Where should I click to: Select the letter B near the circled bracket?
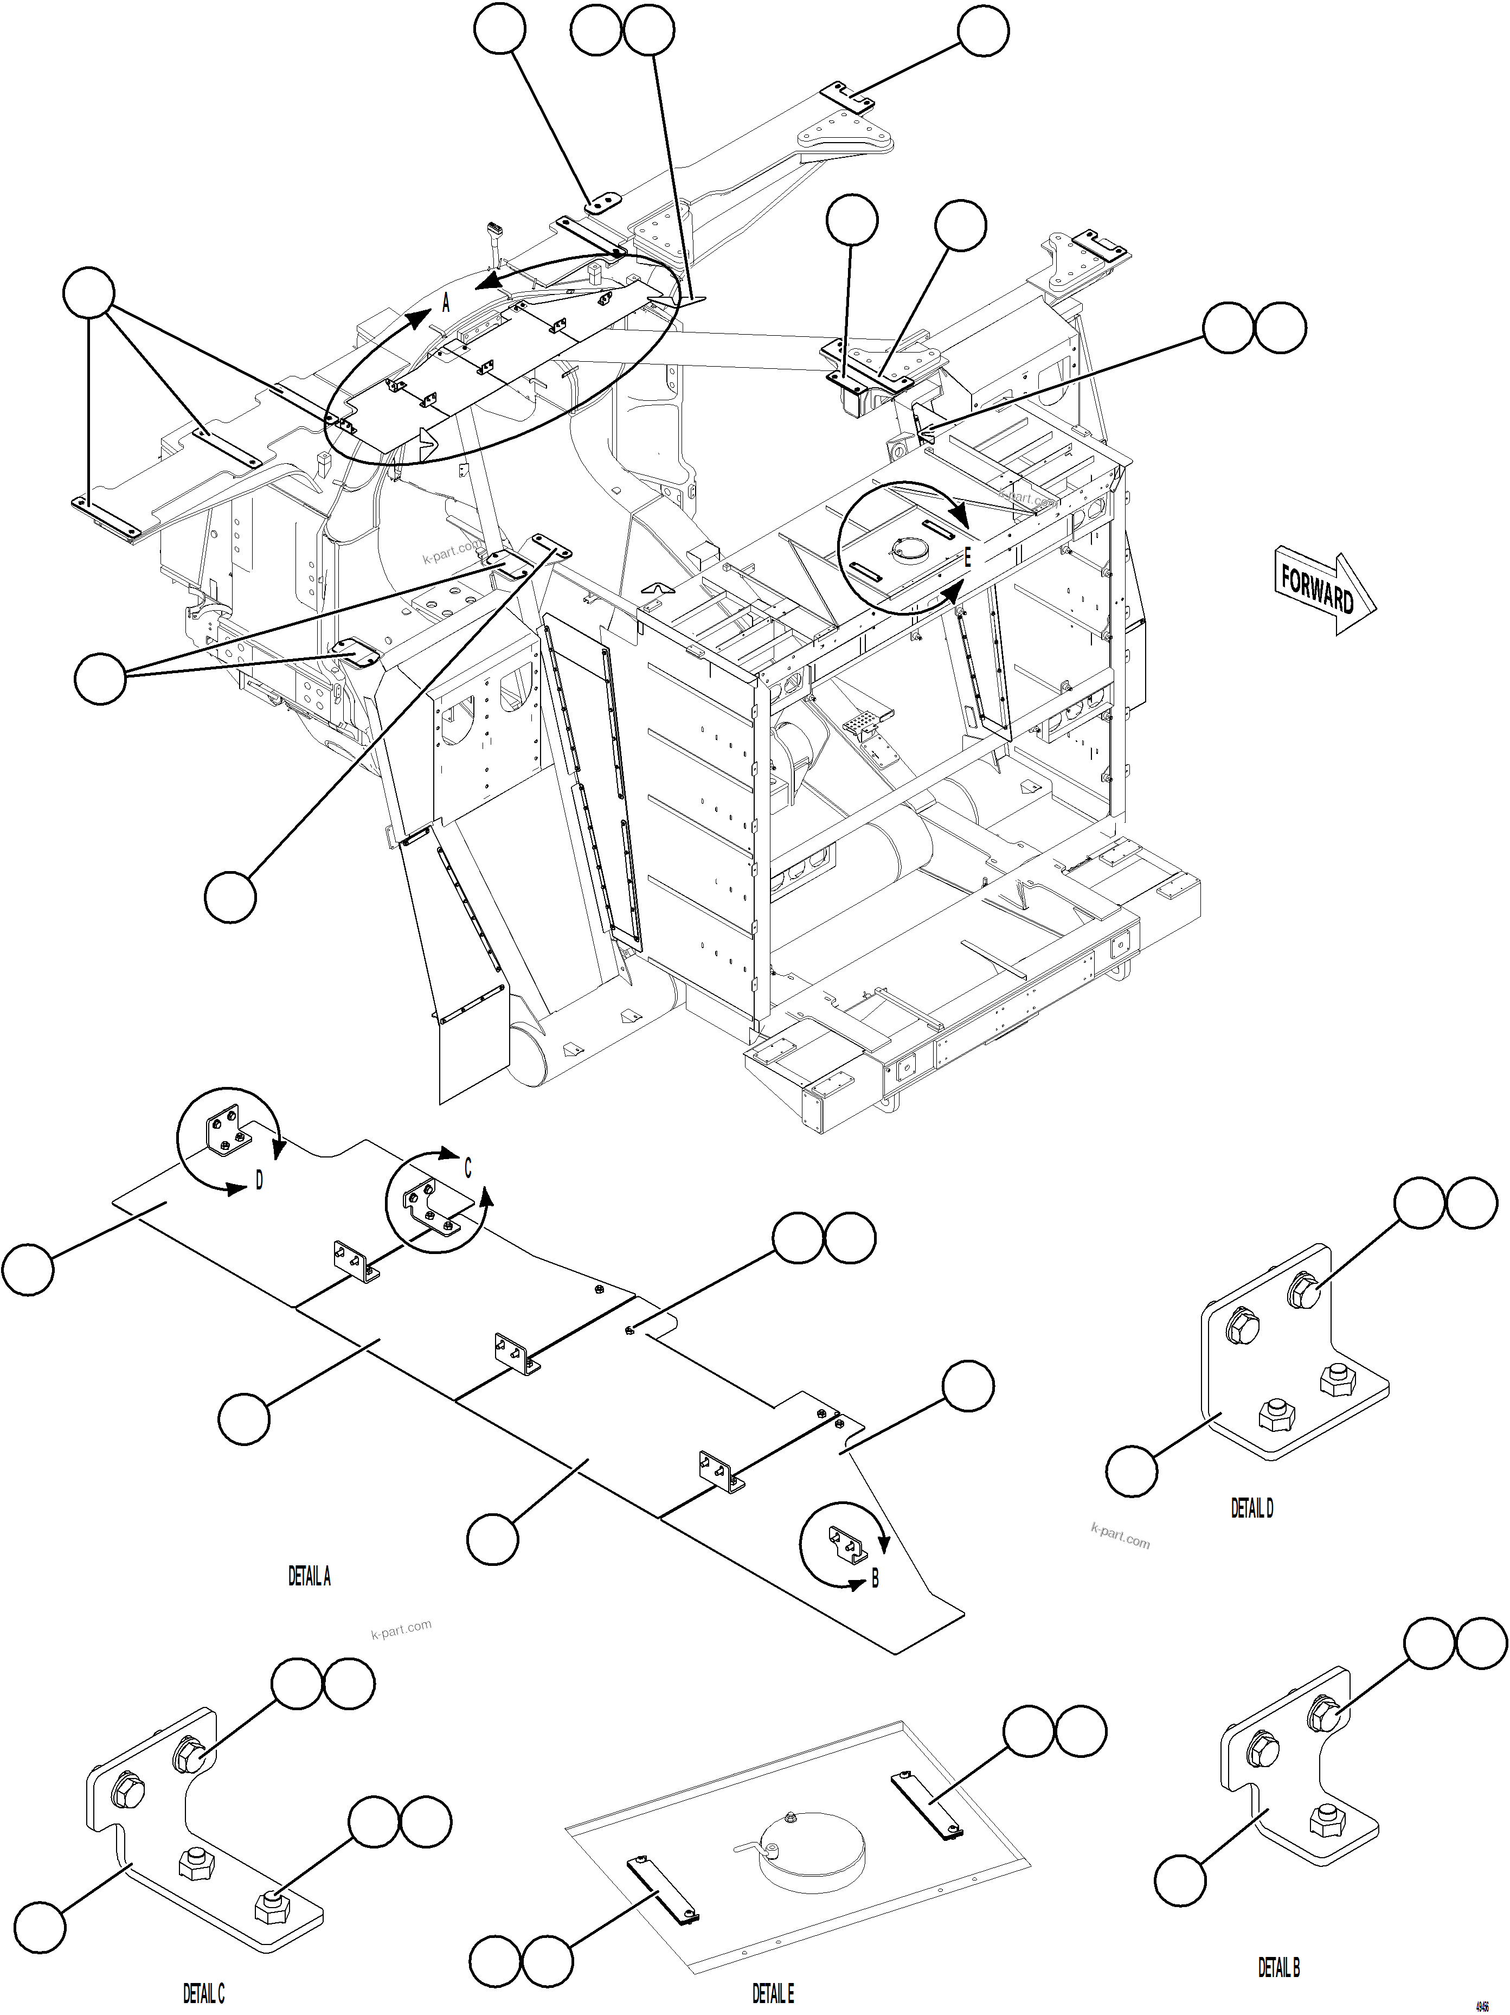(x=875, y=1579)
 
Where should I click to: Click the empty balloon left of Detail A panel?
(x=27, y=1269)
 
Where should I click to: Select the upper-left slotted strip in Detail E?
(x=926, y=1806)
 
